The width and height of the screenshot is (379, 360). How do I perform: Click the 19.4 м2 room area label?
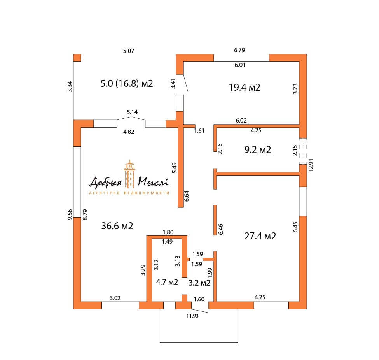coord(245,87)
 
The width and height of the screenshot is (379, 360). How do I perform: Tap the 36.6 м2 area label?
coord(117,226)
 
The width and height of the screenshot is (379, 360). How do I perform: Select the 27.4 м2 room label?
coord(260,236)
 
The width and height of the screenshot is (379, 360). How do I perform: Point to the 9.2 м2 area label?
coord(258,149)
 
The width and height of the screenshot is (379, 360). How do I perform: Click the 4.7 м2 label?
coord(167,282)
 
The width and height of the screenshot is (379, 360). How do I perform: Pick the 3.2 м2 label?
coord(199,283)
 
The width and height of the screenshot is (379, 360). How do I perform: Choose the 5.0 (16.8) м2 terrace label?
coord(127,83)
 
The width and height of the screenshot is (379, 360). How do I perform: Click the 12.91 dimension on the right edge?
coord(311,165)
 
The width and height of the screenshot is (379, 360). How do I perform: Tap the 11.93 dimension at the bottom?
coord(192,316)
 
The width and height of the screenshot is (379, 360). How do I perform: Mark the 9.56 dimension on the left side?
coord(70,214)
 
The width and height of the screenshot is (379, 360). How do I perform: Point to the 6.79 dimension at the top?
coord(239,50)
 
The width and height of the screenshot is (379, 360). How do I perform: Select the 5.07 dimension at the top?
coord(129,51)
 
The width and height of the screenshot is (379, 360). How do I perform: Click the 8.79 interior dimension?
coord(85,214)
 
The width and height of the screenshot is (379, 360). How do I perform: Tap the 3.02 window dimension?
coord(115,298)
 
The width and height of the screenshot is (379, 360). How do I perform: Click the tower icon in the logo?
coord(129,174)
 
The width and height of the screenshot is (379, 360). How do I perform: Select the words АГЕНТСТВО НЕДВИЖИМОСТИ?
coord(129,193)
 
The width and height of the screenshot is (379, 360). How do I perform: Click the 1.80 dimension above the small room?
coord(168,232)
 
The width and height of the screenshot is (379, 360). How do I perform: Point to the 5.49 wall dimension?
coord(174,168)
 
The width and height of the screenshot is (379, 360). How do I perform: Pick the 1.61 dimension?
coord(199,131)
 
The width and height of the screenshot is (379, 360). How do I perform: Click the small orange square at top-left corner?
coord(77,58)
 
